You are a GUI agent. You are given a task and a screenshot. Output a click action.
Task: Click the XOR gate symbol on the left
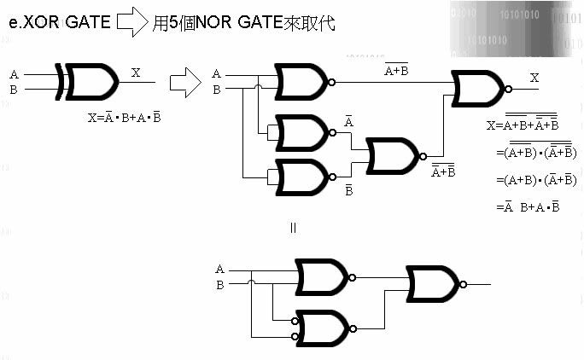(x=89, y=81)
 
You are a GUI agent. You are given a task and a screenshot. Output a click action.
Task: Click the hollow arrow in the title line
(x=131, y=23)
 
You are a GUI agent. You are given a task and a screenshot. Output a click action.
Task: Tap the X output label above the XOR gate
(x=136, y=73)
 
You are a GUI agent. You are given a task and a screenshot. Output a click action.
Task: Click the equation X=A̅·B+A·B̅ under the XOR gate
(x=125, y=118)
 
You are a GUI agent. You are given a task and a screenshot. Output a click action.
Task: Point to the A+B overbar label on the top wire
(x=396, y=71)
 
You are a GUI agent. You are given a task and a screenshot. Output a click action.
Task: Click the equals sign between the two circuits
(x=293, y=228)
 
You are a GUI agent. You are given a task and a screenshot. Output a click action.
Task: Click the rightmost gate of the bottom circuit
(x=436, y=283)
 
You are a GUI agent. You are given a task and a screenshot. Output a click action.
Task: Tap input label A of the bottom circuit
(x=220, y=270)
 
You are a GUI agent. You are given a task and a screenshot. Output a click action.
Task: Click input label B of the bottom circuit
(x=220, y=284)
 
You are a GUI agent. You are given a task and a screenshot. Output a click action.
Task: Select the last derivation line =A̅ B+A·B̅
(x=528, y=206)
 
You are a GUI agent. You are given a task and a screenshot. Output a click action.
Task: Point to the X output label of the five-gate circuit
(x=534, y=78)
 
